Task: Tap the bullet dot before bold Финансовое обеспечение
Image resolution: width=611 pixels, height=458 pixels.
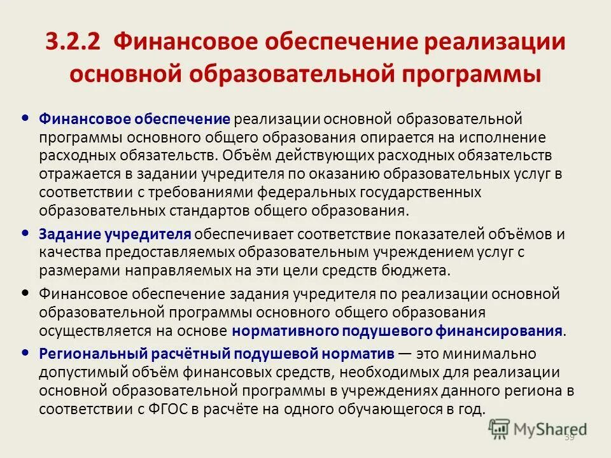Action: pos(25,118)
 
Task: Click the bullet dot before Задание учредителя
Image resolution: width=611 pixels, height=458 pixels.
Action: pos(25,233)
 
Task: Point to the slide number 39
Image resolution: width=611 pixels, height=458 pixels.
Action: pos(569,438)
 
